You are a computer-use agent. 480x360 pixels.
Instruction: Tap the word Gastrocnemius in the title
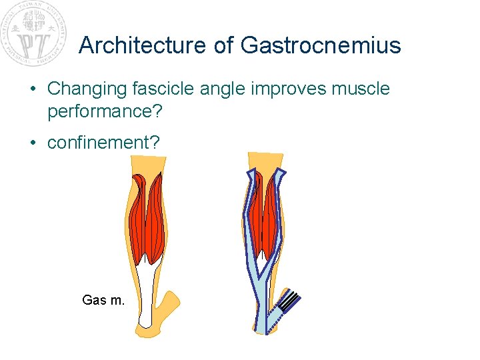coord(321,45)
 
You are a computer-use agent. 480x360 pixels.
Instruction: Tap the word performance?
coord(105,111)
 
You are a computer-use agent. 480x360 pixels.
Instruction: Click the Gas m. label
coord(103,301)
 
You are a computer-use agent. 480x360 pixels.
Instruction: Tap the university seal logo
coord(34,33)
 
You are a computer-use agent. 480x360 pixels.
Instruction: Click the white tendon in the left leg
coord(148,287)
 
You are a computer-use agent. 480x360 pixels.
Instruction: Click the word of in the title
coord(225,45)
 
